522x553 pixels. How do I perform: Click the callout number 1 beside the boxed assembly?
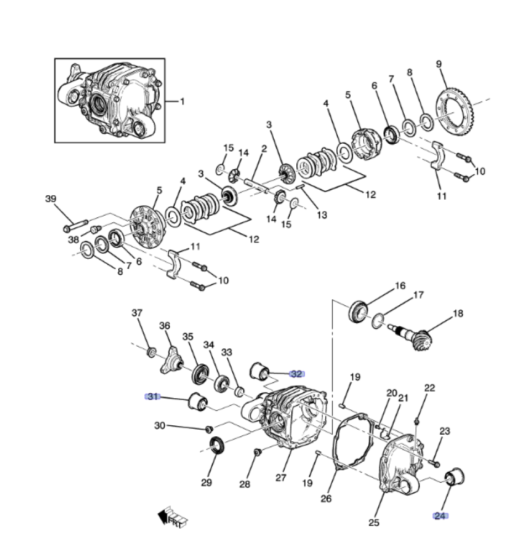pos(182,102)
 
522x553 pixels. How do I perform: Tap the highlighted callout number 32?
pos(296,374)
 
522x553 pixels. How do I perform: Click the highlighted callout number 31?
pos(153,397)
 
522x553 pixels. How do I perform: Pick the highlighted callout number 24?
pos(440,516)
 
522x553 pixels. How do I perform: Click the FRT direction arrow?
pos(172,517)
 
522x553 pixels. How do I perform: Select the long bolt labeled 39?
pos(75,226)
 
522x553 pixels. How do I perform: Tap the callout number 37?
pos(137,313)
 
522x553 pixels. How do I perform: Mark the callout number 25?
pos(374,523)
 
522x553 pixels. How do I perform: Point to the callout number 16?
pos(400,286)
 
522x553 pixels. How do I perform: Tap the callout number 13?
pos(322,215)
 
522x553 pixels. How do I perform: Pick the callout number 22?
pos(430,388)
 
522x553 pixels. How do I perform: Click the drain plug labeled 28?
pos(258,452)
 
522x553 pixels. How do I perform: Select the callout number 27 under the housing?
pos(281,478)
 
